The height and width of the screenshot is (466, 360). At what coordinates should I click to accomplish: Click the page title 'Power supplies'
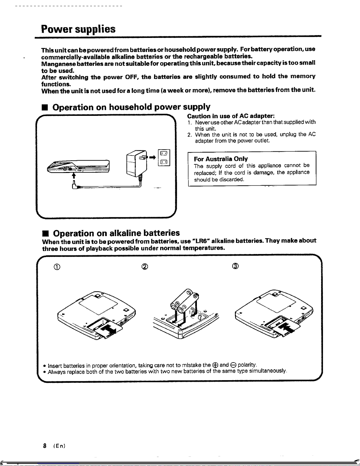(x=78, y=29)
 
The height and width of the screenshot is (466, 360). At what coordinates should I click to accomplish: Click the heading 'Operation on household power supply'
(x=131, y=107)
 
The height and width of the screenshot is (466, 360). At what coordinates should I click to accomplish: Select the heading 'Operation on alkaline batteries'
(x=116, y=233)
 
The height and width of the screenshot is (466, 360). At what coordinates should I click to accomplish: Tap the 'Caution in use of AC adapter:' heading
(x=231, y=116)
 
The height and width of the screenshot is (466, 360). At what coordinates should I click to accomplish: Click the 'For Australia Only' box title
(x=221, y=159)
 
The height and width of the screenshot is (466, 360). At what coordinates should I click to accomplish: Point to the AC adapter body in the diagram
(x=136, y=163)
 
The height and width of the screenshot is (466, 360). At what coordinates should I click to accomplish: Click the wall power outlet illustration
(x=164, y=158)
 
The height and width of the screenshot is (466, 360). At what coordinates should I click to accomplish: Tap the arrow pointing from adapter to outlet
(x=152, y=158)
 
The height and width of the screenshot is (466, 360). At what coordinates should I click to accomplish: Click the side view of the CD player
(x=78, y=167)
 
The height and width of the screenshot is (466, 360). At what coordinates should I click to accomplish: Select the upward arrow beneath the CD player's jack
(x=74, y=176)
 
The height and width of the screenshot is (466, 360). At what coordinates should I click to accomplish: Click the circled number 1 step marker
(x=57, y=267)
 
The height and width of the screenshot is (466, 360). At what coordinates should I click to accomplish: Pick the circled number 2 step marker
(x=145, y=267)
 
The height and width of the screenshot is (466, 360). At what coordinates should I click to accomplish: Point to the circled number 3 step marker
(x=235, y=266)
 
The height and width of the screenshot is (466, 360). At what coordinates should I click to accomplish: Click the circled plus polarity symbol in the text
(x=215, y=365)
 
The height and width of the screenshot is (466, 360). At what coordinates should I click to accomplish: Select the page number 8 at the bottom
(x=45, y=446)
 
